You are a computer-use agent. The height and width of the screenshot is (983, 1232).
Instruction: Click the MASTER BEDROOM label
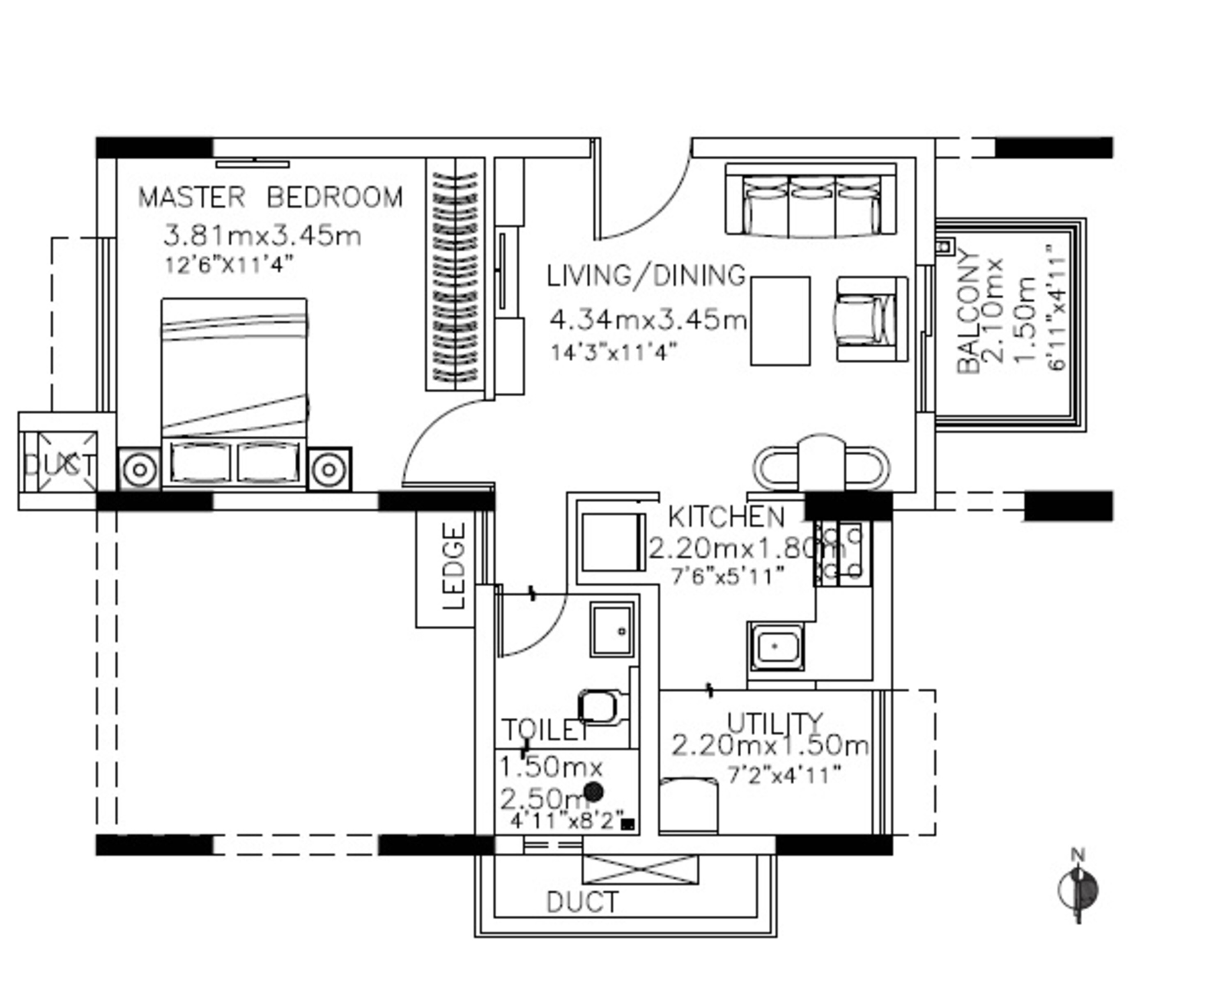(270, 197)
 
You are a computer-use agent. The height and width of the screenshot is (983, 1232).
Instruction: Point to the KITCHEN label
(726, 517)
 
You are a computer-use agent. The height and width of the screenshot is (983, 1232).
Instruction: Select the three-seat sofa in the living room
(810, 200)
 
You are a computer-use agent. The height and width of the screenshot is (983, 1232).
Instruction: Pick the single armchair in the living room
(871, 319)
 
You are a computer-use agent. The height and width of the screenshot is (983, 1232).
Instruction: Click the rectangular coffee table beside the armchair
(780, 321)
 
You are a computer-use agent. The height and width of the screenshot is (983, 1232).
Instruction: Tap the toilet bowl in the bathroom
(599, 707)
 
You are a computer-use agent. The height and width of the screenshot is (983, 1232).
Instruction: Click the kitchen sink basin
(775, 646)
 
